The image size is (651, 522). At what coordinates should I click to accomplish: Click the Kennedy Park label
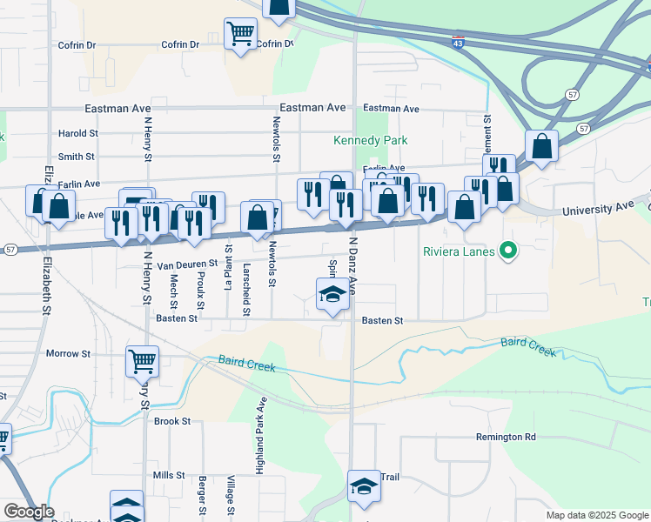tap(371, 140)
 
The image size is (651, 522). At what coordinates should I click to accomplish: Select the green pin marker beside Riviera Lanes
tap(511, 252)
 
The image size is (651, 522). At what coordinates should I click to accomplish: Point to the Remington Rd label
tap(506, 437)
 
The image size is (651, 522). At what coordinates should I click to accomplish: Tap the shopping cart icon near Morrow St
tap(142, 359)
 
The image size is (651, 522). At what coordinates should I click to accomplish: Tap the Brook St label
tap(171, 421)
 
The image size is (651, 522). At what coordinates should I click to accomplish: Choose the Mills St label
tap(169, 475)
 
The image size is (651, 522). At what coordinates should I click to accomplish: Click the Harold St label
tap(77, 133)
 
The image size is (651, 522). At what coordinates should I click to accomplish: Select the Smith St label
tap(76, 157)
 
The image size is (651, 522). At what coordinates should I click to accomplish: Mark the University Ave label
tap(598, 210)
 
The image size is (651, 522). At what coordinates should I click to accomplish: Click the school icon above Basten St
tap(331, 294)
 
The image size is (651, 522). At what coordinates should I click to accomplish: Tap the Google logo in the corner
tap(29, 512)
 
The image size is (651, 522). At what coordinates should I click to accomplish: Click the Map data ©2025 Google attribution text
tap(596, 515)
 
